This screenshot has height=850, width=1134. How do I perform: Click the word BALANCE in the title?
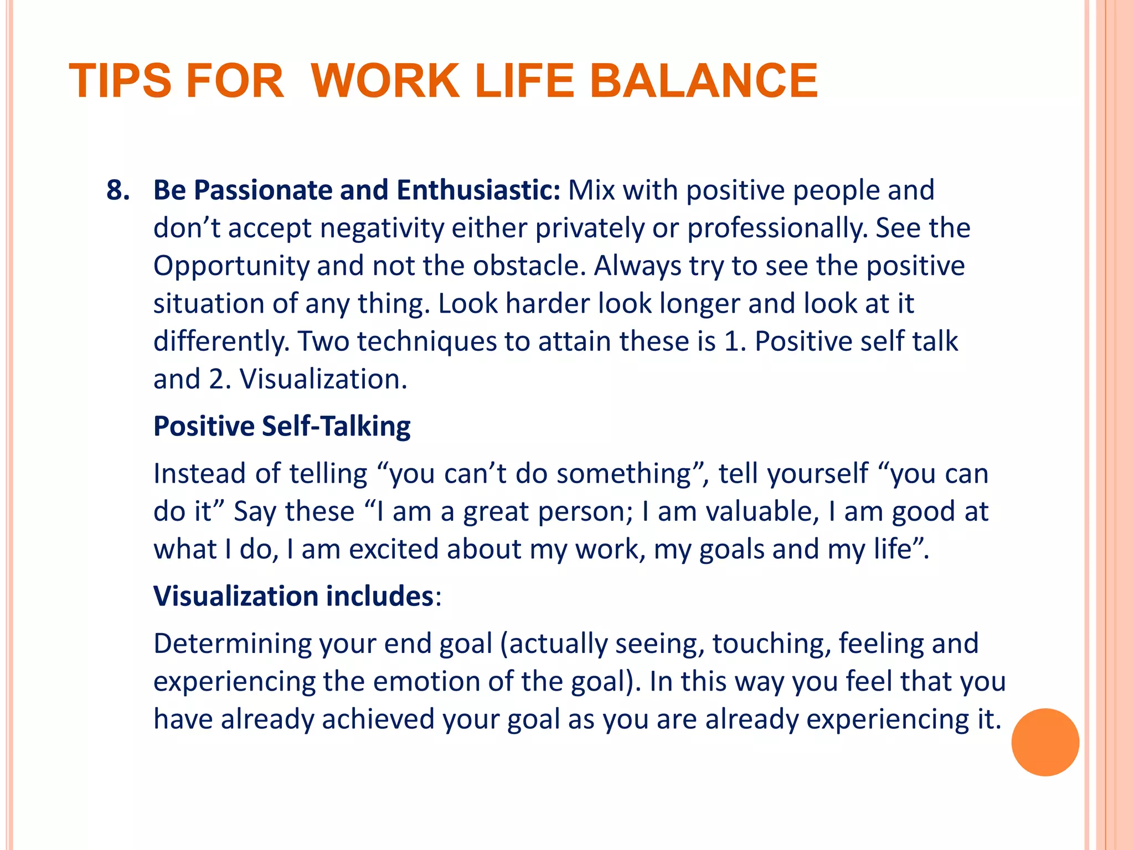[x=703, y=81]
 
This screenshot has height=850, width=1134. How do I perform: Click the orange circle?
[x=1045, y=742]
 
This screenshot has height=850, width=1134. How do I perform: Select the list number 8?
[x=118, y=190]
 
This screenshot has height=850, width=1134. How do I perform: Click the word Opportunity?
[x=231, y=266]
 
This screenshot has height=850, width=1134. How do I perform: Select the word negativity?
[x=382, y=228]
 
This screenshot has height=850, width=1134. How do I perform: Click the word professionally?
[x=777, y=228]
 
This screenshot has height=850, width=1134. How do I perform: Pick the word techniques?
[x=427, y=341]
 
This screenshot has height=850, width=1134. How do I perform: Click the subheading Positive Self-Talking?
[x=282, y=426]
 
